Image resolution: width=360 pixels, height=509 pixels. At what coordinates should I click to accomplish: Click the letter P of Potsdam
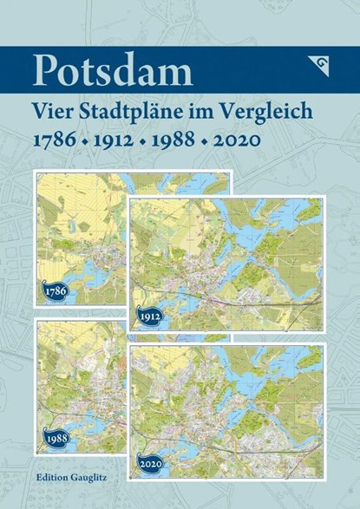point(44,70)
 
